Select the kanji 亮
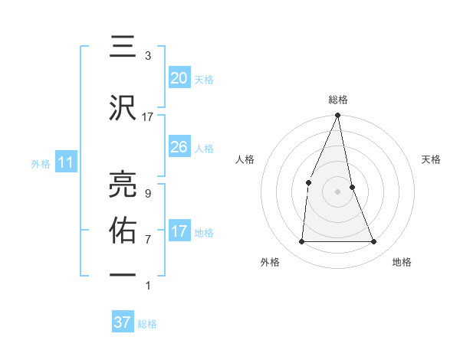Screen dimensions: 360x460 [123, 184]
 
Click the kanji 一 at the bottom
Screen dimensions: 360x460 [123, 275]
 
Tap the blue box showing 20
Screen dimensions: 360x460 [179, 77]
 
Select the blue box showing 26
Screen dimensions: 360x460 [179, 146]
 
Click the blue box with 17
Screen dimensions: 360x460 [179, 231]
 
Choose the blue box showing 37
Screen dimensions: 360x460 [123, 322]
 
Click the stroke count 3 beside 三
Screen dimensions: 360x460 [148, 56]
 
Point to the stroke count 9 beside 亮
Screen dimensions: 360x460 [148, 194]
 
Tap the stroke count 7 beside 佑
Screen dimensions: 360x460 [148, 240]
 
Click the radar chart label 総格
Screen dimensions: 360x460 [338, 100]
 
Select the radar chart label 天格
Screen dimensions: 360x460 [431, 159]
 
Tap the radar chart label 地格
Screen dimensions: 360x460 [402, 263]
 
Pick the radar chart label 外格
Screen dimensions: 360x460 [270, 263]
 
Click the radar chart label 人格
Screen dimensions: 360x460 [245, 159]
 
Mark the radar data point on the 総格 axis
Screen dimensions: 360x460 [338, 115]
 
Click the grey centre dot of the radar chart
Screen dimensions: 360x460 [338, 191]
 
